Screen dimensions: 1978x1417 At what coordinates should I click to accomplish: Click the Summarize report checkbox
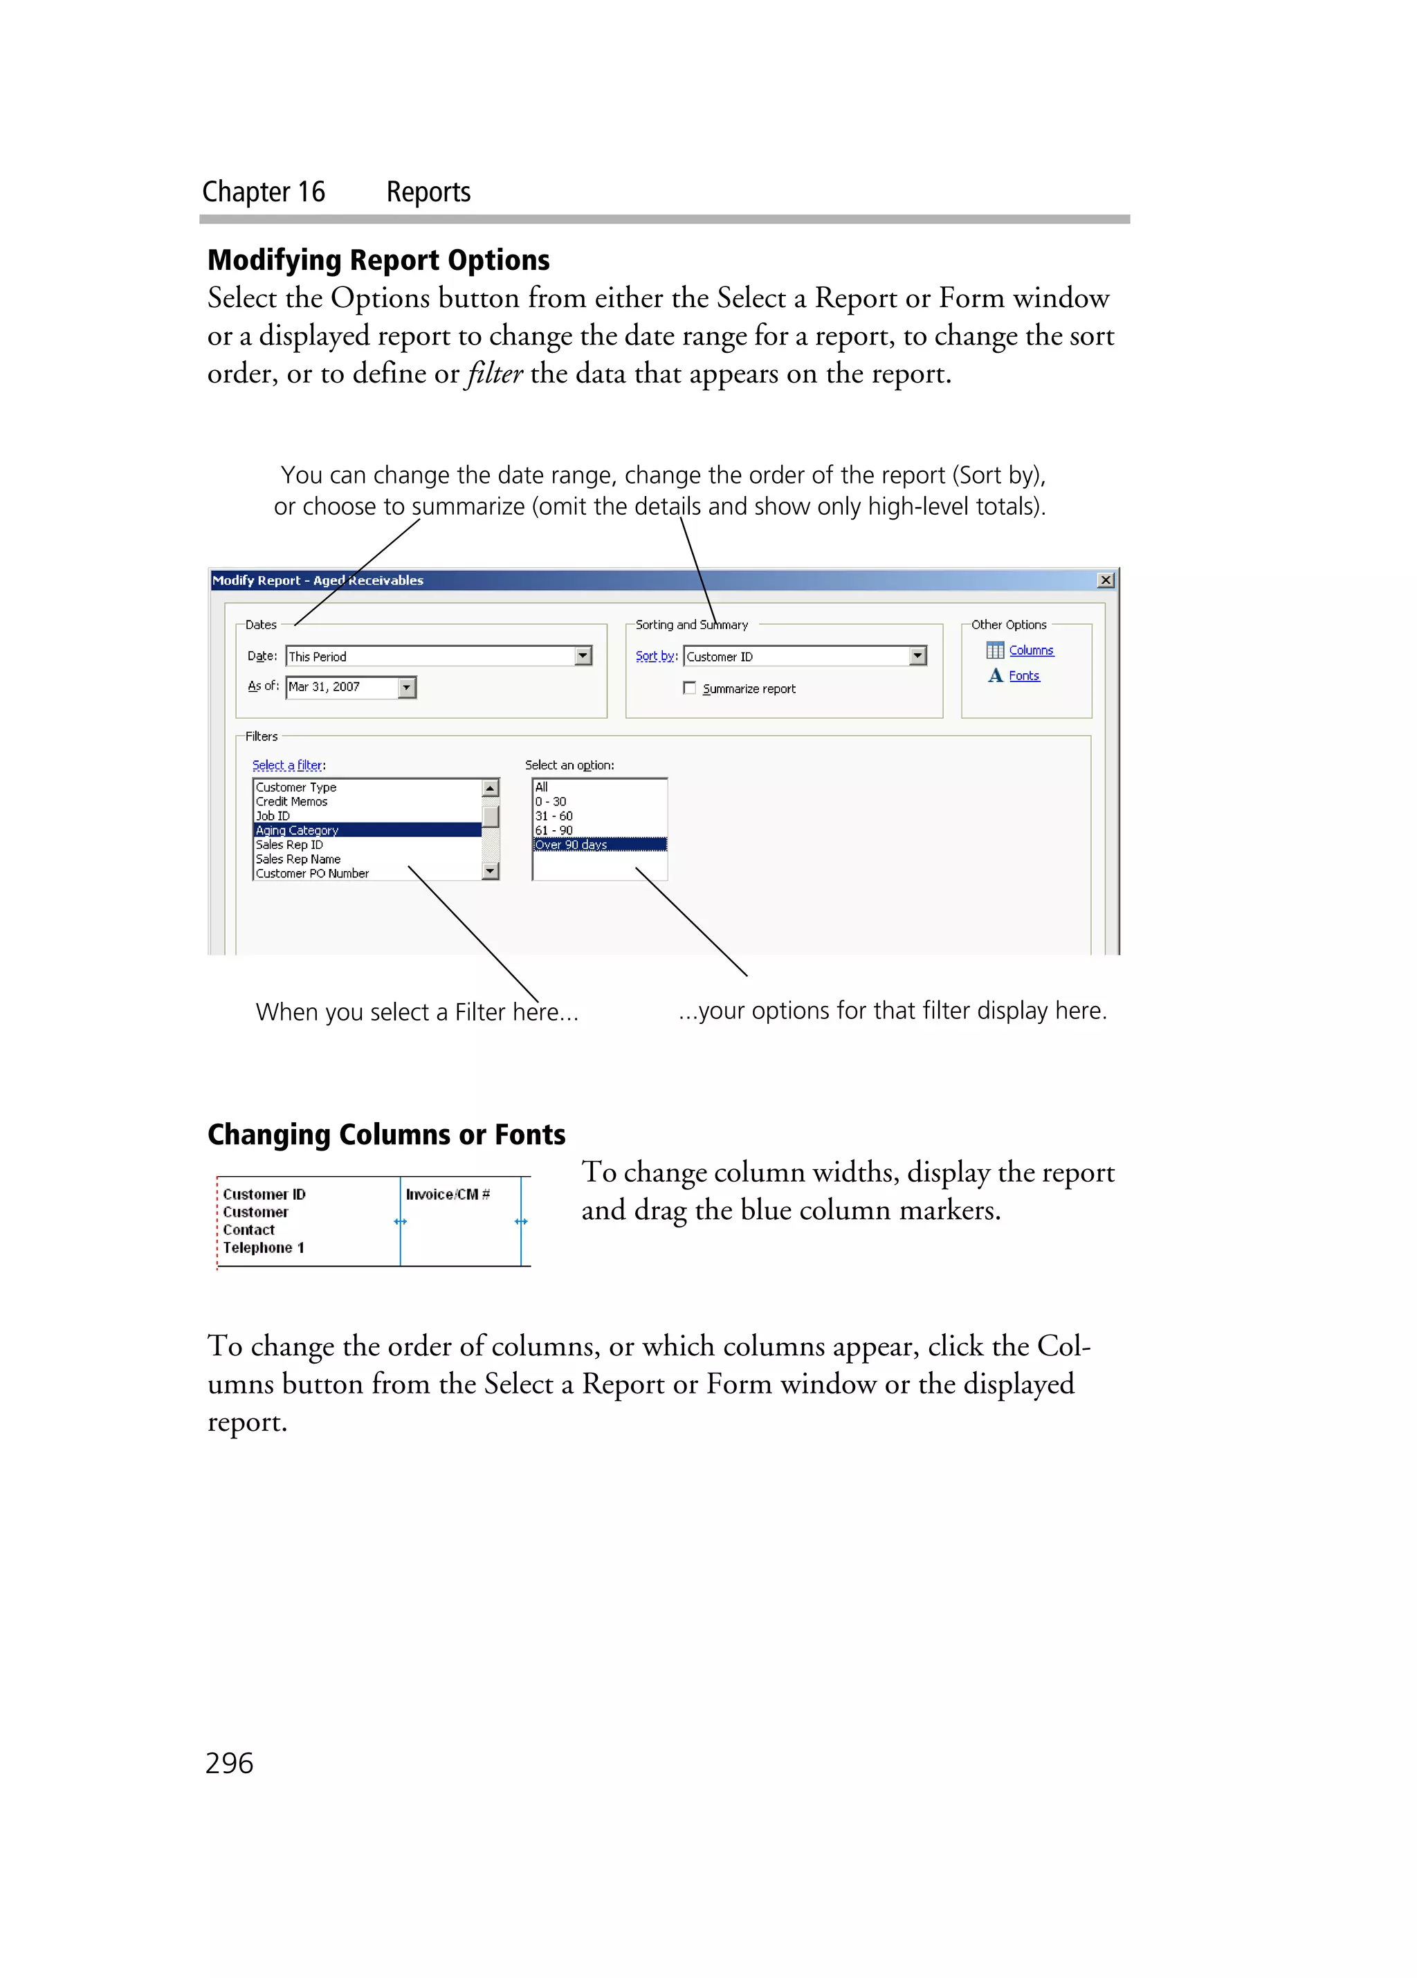(x=689, y=688)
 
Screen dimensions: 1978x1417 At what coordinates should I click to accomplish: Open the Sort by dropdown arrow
(x=917, y=656)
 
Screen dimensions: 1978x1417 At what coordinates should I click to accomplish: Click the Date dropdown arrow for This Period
(x=583, y=656)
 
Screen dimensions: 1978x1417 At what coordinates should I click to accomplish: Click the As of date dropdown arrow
(x=406, y=687)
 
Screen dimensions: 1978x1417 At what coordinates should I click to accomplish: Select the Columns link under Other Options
(x=1031, y=650)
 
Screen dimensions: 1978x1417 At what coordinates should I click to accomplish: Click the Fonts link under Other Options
(x=1024, y=676)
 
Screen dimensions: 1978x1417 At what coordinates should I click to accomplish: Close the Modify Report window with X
(x=1105, y=580)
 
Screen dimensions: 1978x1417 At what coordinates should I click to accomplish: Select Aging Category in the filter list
(x=298, y=830)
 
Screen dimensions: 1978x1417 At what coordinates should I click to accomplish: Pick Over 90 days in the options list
(x=572, y=844)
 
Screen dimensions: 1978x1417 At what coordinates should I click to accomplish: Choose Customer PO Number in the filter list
(x=312, y=873)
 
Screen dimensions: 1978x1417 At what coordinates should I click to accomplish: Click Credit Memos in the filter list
(x=291, y=801)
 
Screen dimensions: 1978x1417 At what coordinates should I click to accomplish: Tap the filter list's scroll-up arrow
(x=490, y=787)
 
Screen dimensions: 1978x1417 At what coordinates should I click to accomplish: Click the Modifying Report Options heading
(x=378, y=260)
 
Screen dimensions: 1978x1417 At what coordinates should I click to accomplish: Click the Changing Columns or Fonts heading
(x=386, y=1134)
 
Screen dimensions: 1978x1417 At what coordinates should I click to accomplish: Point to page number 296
(x=229, y=1764)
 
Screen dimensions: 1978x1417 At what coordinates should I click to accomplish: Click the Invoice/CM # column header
(x=448, y=1194)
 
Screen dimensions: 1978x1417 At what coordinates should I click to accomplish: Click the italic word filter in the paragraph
(x=495, y=374)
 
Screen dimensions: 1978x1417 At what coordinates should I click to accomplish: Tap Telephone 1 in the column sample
(x=264, y=1248)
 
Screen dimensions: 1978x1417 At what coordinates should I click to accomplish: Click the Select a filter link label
(x=289, y=765)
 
